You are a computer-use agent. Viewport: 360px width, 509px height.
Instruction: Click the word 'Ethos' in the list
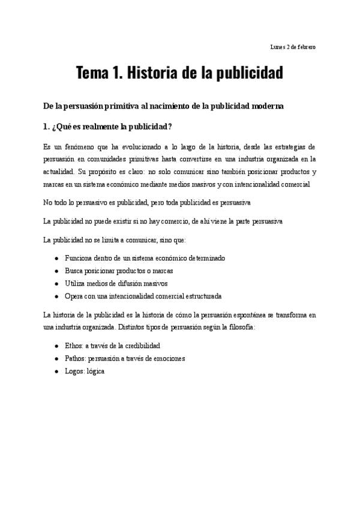click(74, 346)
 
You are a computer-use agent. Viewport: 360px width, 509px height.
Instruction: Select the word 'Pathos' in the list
click(75, 359)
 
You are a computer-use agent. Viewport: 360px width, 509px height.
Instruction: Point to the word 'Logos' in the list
click(74, 372)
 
